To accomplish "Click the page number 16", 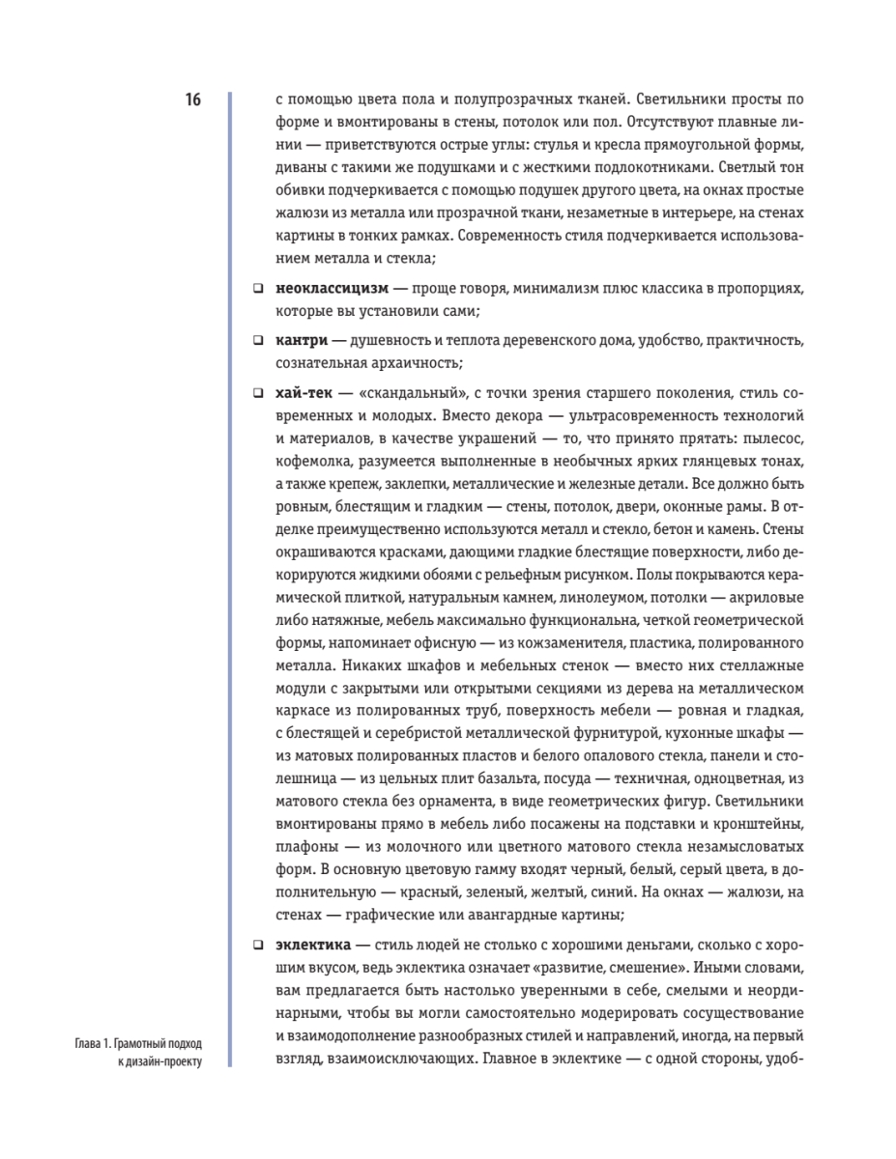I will click(193, 99).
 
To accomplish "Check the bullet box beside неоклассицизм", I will click(258, 289).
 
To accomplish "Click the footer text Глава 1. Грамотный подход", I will click(142, 1044).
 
